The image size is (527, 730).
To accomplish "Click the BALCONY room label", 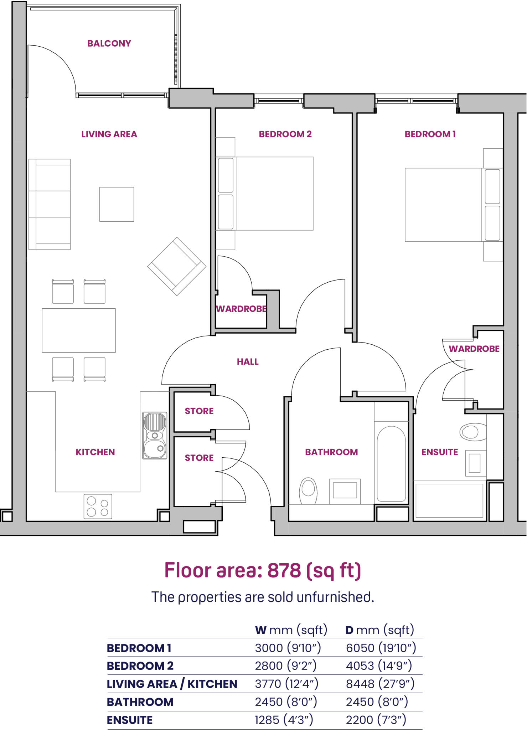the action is click(x=109, y=43).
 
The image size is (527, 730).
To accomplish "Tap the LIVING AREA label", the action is click(x=109, y=134).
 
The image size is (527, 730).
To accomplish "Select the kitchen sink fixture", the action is click(x=155, y=436).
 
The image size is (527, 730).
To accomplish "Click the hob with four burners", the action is click(x=98, y=506).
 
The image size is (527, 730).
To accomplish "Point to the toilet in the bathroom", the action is click(x=309, y=491).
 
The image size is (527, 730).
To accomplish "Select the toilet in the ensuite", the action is click(x=473, y=432).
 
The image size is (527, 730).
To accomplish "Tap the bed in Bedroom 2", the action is click(x=264, y=194).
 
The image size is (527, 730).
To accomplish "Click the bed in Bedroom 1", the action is click(x=454, y=205).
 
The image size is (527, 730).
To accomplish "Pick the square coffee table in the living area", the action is click(x=117, y=204).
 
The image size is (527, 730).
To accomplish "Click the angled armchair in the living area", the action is click(x=177, y=266).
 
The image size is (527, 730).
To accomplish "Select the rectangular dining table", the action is click(x=79, y=330).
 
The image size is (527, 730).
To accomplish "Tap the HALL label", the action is click(x=248, y=362).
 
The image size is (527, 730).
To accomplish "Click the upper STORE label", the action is click(x=199, y=411).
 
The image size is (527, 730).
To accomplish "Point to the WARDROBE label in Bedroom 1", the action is click(x=474, y=349).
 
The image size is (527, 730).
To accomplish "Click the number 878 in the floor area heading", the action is click(x=284, y=570).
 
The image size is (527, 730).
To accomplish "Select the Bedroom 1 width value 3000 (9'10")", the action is click(x=288, y=648).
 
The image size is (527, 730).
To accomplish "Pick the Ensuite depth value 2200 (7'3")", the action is click(x=376, y=720).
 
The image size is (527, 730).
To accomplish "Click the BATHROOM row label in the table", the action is click(x=140, y=702).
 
